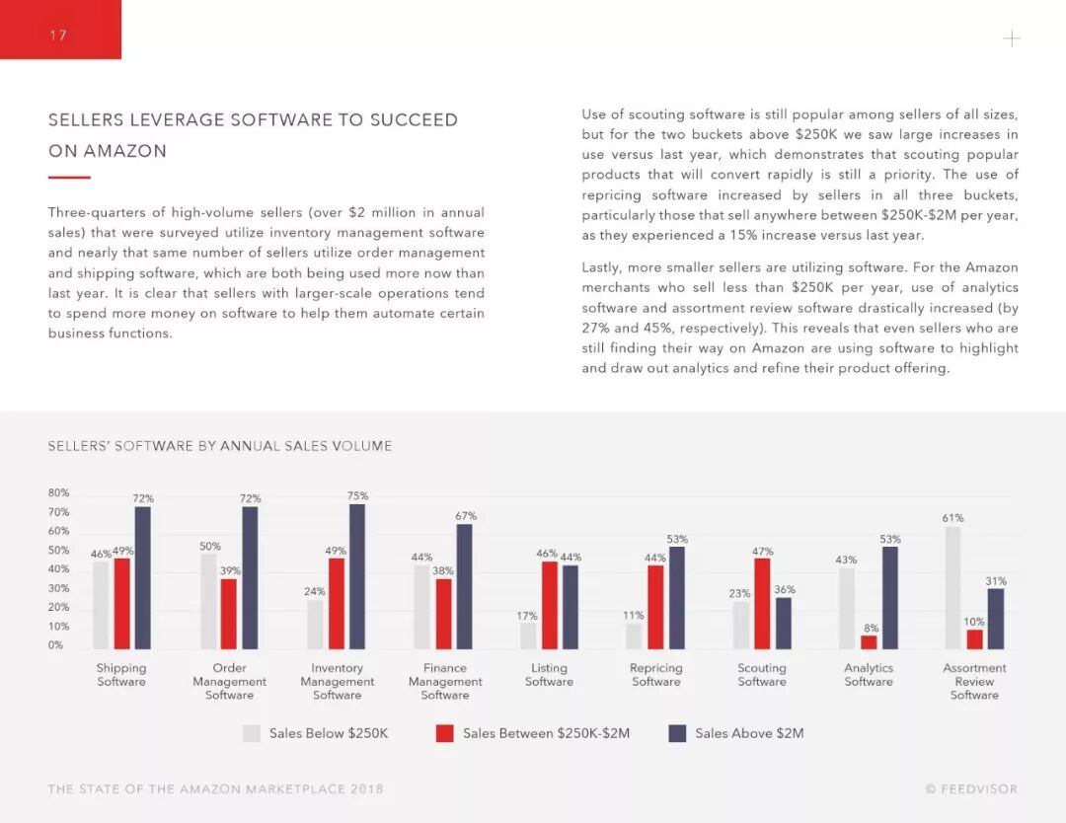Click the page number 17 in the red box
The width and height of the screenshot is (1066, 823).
pos(57,36)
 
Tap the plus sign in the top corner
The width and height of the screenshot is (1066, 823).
pos(1012,38)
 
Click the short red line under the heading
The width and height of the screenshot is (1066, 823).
pos(69,178)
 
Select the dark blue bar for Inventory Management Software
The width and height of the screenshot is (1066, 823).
pos(357,576)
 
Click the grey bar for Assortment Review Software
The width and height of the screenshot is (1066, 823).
pos(952,588)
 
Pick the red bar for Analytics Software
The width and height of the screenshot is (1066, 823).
pos(869,641)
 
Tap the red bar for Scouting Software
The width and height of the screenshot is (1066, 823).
pos(762,604)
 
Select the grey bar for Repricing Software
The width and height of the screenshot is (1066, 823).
pos(634,636)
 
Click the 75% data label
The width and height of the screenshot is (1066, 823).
pos(357,495)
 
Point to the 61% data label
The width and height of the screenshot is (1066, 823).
pos(952,518)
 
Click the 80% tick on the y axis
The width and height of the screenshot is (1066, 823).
pos(58,493)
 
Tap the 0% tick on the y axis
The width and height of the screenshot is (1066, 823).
pos(55,645)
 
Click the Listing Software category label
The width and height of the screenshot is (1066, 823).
pos(549,675)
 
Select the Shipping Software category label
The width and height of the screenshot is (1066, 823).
pos(121,675)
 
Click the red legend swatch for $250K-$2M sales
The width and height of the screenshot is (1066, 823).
pos(444,733)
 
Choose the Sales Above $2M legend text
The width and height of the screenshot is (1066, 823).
pos(749,733)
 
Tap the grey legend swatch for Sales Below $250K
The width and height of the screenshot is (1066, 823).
pos(252,733)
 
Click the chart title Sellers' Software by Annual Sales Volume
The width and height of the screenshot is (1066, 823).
pos(220,446)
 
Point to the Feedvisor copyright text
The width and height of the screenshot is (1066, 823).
pos(971,789)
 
